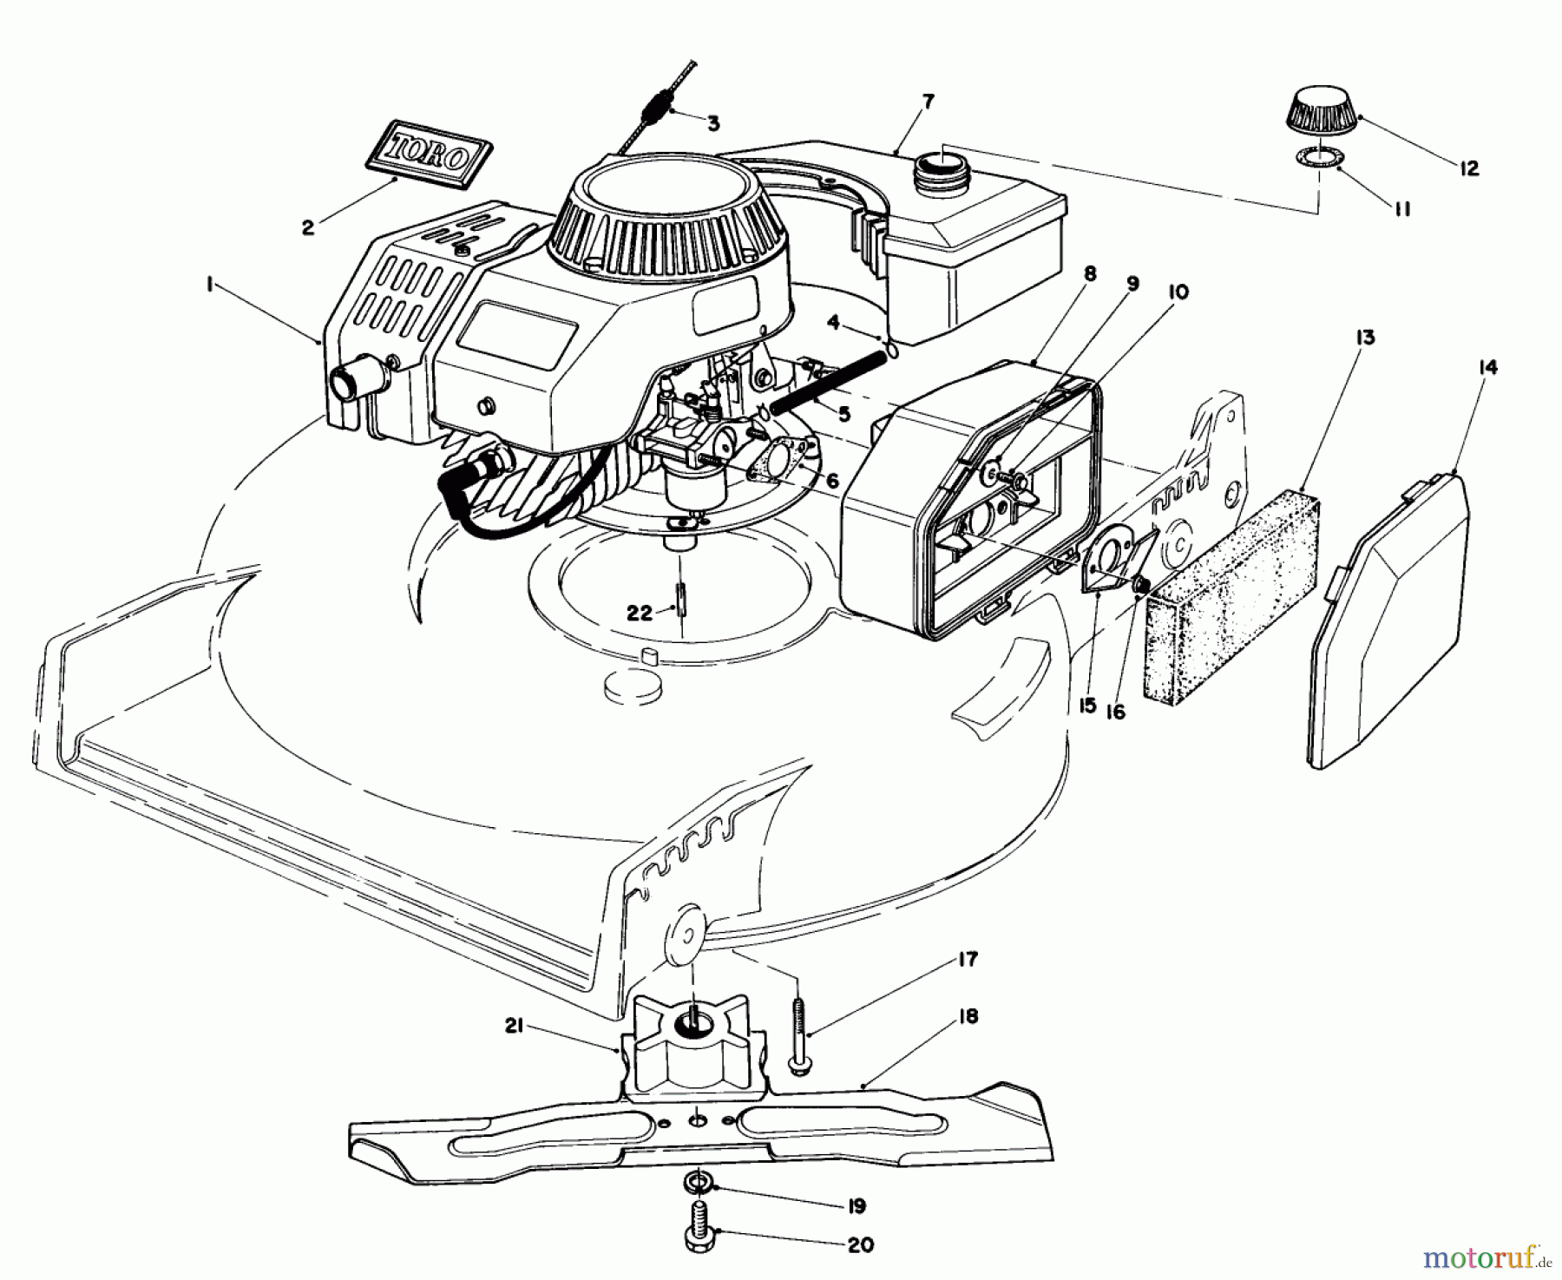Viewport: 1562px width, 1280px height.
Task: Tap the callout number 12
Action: click(x=1468, y=168)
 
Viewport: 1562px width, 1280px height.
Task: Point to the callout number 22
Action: click(x=639, y=613)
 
